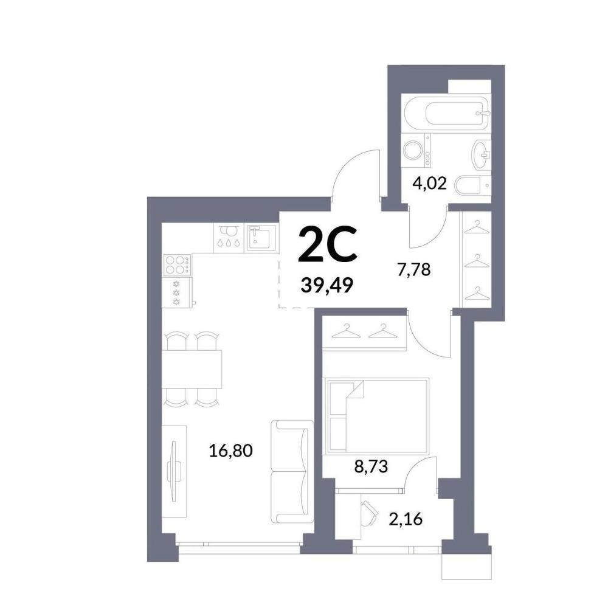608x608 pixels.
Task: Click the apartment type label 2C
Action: (327, 244)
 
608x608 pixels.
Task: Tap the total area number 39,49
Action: (327, 286)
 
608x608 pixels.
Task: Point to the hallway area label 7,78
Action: (413, 269)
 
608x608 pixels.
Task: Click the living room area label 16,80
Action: (230, 451)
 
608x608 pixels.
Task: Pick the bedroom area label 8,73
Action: (371, 467)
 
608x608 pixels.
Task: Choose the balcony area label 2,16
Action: (406, 519)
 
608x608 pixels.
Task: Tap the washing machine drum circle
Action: (413, 150)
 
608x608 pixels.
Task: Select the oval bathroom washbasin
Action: (481, 155)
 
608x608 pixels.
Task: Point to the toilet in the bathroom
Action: (473, 185)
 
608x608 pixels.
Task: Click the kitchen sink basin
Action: (261, 238)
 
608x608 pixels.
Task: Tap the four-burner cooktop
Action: (177, 265)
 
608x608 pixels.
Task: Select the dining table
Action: (192, 369)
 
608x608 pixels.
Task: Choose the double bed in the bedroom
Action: (378, 416)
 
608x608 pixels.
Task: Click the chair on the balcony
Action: (370, 513)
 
